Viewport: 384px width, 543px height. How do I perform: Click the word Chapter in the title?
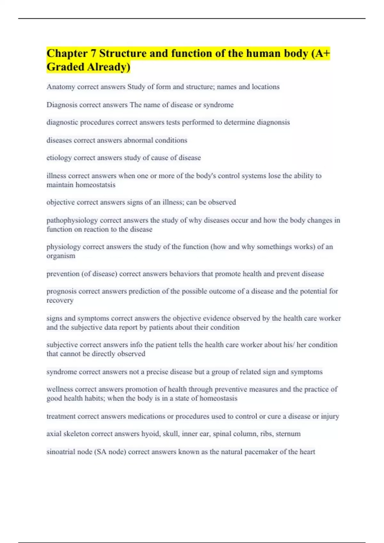(x=67, y=53)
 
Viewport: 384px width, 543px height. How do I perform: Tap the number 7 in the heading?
(x=93, y=53)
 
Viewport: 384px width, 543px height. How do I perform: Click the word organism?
(x=61, y=256)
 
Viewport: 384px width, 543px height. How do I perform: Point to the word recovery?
(x=60, y=301)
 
